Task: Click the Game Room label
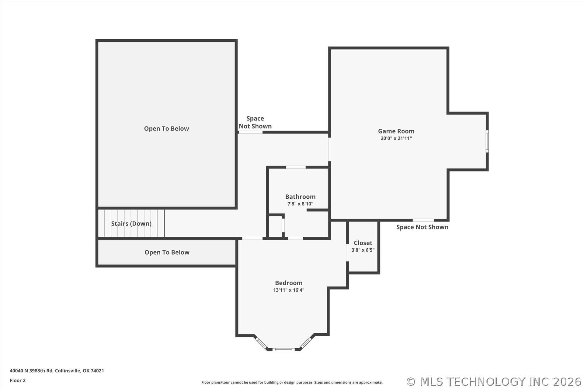396,131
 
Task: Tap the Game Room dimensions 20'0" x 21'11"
396,138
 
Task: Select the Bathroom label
300,197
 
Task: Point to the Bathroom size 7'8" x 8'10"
300,204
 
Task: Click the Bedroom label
289,283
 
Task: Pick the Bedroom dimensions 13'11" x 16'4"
289,290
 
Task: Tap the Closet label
363,243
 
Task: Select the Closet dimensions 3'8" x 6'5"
363,250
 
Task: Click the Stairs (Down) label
131,223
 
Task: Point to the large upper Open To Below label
166,129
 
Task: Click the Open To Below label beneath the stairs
167,252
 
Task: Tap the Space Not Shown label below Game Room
422,227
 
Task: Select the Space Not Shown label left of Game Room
255,122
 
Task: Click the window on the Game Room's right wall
487,141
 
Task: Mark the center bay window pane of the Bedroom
283,349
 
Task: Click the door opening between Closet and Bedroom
347,252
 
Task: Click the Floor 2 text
18,381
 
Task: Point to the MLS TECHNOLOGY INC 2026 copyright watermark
494,382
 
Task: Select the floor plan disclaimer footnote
292,382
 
